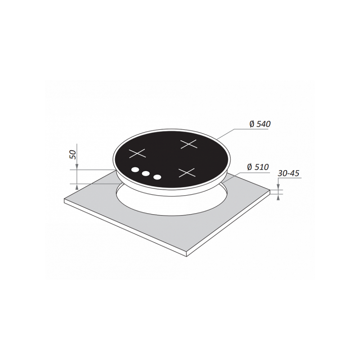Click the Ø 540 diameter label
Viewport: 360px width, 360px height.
coord(260,124)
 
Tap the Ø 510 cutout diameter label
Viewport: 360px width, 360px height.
coord(258,167)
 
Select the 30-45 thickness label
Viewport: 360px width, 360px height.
coord(288,173)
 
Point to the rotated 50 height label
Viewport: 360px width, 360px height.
coord(73,154)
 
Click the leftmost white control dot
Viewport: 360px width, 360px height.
coord(135,170)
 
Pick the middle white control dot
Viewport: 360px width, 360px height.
coord(145,174)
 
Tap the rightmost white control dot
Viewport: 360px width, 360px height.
coord(157,177)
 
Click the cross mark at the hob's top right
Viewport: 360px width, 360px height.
coord(189,144)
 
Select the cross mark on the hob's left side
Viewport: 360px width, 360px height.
coord(138,153)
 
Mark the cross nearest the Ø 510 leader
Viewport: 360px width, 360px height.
coord(187,173)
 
